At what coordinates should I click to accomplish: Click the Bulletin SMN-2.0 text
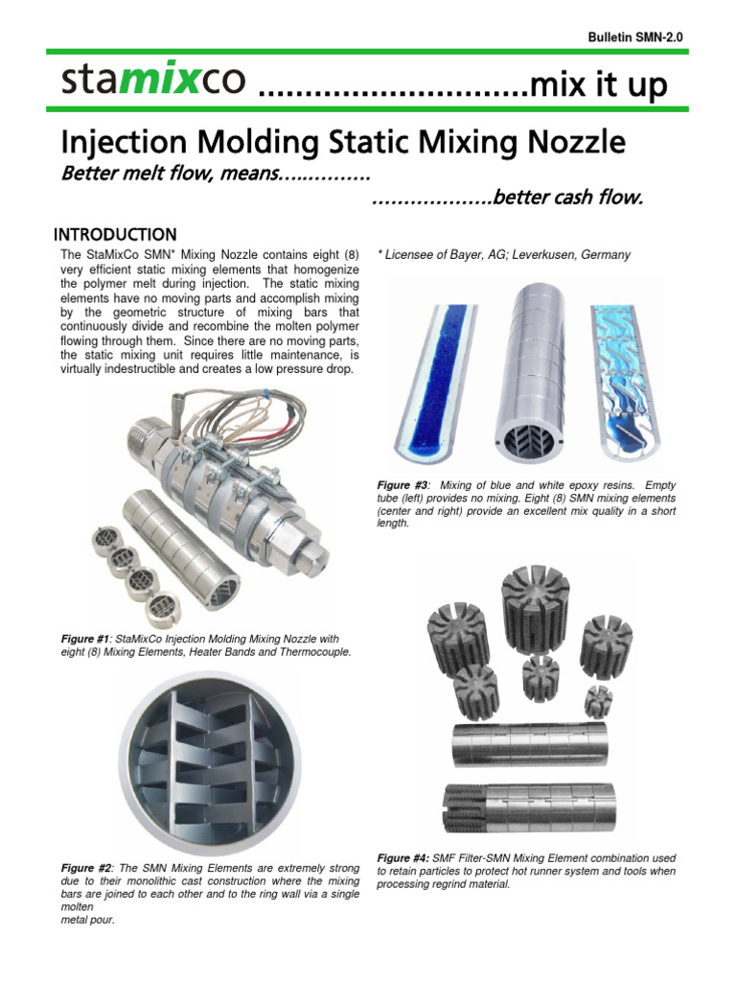pyautogui.click(x=634, y=36)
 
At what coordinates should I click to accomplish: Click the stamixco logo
pyautogui.click(x=155, y=82)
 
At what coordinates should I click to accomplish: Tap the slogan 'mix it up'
pyautogui.click(x=597, y=85)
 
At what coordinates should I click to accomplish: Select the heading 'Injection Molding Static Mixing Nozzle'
pyautogui.click(x=343, y=144)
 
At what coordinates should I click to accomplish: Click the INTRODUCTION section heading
pyautogui.click(x=114, y=235)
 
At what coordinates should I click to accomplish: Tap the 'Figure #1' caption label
pyautogui.click(x=87, y=639)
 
